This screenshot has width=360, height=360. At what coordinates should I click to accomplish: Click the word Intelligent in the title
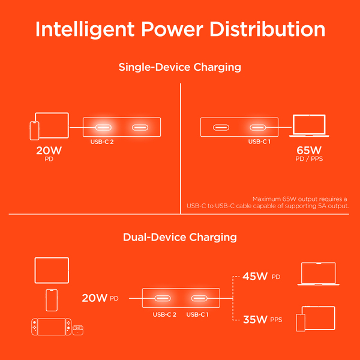tap(85, 29)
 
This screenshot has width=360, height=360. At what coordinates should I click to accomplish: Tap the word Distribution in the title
tap(268, 29)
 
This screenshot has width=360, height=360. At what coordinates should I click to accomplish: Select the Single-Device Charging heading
tap(180, 67)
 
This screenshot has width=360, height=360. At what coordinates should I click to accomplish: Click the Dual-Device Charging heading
tap(180, 238)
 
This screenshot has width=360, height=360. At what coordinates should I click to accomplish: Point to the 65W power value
tap(309, 151)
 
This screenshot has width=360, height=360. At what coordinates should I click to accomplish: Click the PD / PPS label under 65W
tap(309, 159)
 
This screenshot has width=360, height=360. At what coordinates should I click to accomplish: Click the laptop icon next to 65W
tap(309, 126)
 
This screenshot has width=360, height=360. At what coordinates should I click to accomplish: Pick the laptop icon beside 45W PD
tap(318, 274)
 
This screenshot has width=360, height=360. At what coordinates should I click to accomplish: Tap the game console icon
tap(51, 326)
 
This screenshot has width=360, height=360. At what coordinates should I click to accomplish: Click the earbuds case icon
tap(78, 330)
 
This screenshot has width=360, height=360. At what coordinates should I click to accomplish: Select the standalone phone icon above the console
tap(52, 300)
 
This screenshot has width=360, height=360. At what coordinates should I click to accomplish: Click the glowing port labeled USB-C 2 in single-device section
tap(103, 127)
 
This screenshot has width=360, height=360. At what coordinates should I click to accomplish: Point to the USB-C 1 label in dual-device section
tap(197, 314)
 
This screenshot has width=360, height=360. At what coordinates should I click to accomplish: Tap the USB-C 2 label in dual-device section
tap(164, 314)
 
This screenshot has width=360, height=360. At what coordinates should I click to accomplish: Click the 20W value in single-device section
tap(49, 151)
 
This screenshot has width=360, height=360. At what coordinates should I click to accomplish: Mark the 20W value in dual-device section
tap(95, 298)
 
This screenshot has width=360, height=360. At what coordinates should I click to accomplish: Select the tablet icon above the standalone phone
tap(52, 270)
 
